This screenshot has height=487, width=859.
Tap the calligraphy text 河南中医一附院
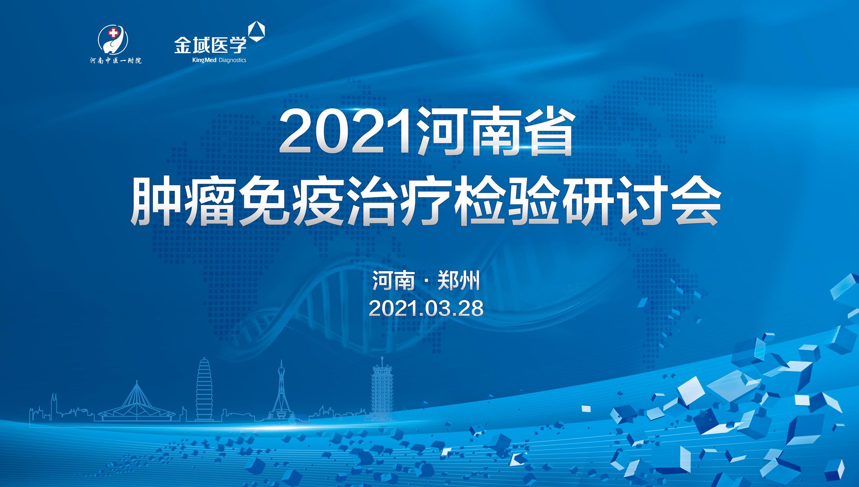point(116,60)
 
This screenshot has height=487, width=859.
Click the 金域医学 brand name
point(210,45)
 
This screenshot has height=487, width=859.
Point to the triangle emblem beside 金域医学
point(256,31)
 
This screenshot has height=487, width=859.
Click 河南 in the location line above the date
point(393,281)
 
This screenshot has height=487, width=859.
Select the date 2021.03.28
point(426,308)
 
